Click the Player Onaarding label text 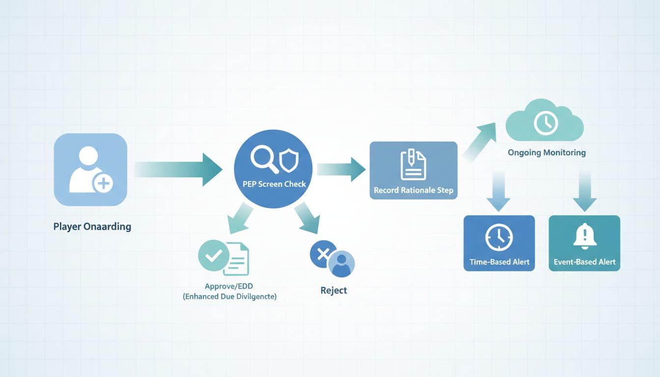(92, 227)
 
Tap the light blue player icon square (90, 169)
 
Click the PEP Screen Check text (274, 185)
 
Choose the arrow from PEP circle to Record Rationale (341, 169)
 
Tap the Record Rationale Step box (413, 170)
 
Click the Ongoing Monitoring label (547, 153)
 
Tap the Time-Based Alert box (499, 243)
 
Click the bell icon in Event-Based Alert (584, 237)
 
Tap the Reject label (333, 290)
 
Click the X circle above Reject (323, 254)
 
